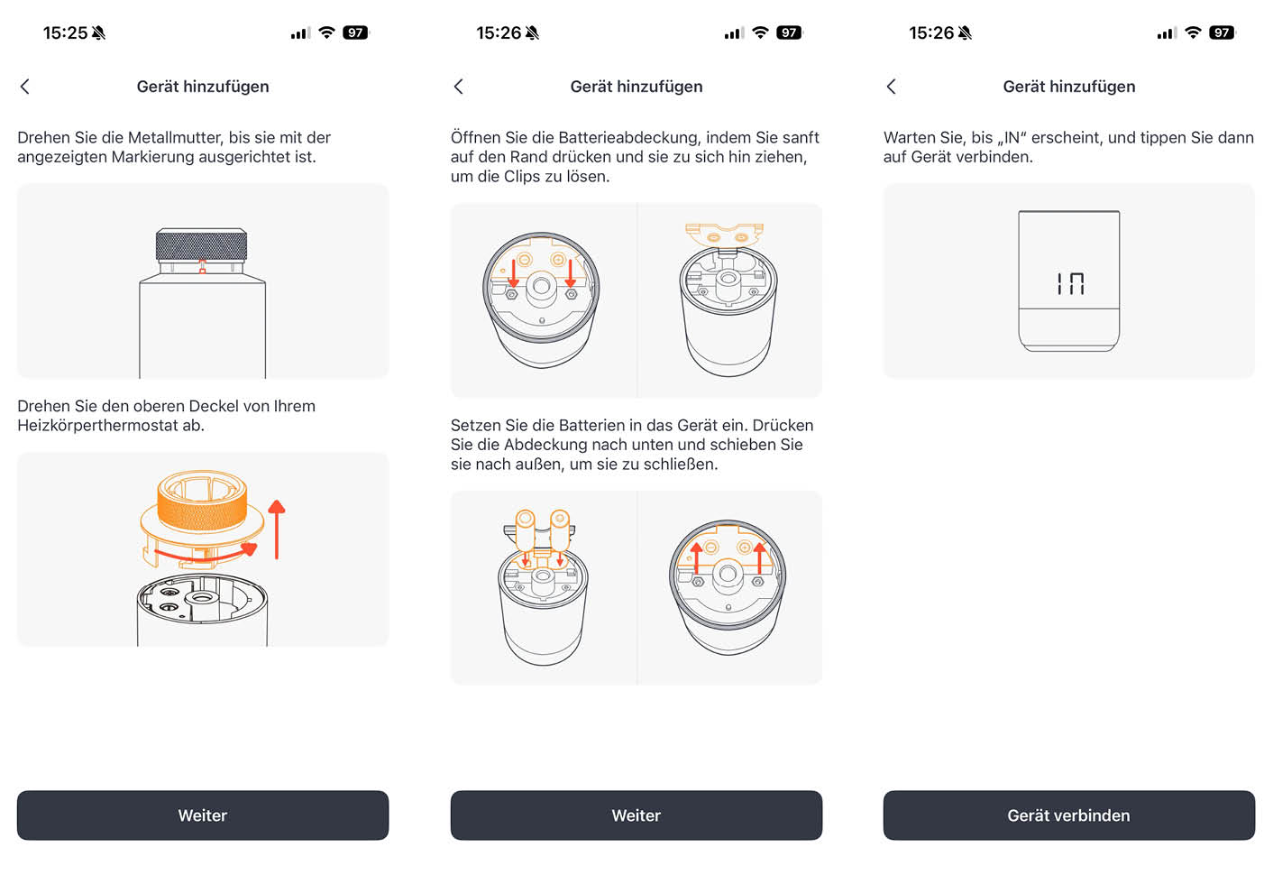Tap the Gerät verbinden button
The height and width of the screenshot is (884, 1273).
[1068, 815]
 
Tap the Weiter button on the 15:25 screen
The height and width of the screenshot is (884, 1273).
[203, 815]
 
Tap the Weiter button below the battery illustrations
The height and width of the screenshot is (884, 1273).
[636, 815]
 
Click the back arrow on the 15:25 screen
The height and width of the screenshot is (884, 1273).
[25, 87]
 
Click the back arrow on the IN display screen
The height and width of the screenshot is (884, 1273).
[892, 87]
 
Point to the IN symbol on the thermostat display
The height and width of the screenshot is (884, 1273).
[1070, 284]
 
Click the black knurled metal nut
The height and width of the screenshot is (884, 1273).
[201, 244]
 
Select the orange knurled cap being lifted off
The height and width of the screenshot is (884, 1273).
[202, 502]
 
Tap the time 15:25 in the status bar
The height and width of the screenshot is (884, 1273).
[65, 33]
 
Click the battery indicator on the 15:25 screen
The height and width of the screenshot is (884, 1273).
[356, 33]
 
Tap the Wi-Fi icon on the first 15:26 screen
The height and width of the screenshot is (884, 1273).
[760, 33]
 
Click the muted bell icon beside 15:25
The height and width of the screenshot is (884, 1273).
[99, 33]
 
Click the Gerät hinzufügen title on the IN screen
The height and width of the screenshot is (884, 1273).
[1068, 87]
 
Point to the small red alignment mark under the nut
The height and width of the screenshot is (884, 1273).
[202, 266]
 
